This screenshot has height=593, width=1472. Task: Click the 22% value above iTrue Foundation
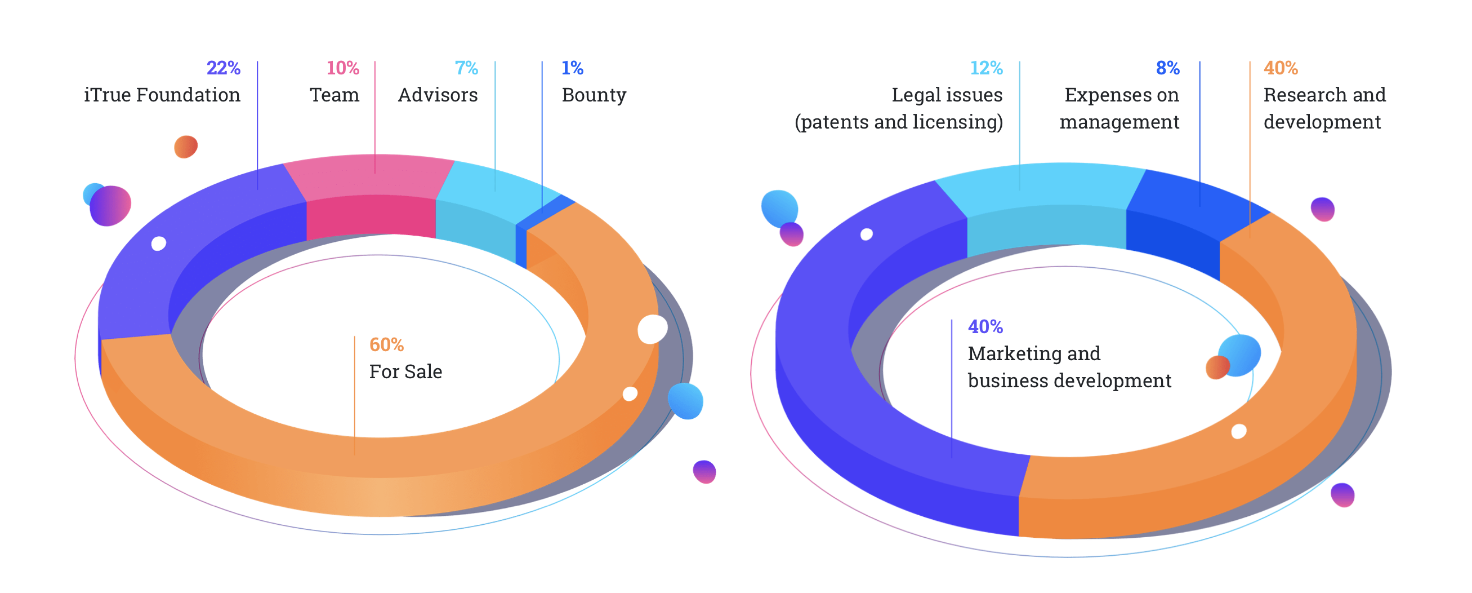[224, 68]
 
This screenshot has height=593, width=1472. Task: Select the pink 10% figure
[342, 68]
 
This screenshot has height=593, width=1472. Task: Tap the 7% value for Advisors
[466, 68]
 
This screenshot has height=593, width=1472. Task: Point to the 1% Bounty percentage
[572, 68]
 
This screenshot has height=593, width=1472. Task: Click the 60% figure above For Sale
[386, 345]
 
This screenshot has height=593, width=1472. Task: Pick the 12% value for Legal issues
[986, 68]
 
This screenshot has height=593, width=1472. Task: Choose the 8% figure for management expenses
[1167, 68]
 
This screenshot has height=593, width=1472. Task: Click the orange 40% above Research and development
[1281, 68]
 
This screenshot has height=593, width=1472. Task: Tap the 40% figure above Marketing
[985, 326]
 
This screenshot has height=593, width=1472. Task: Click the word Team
[334, 95]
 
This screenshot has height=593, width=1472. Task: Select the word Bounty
[594, 95]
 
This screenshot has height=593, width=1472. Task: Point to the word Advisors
[438, 95]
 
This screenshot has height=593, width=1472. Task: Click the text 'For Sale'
[405, 371]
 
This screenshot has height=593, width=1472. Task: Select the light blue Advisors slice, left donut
[492, 189]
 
